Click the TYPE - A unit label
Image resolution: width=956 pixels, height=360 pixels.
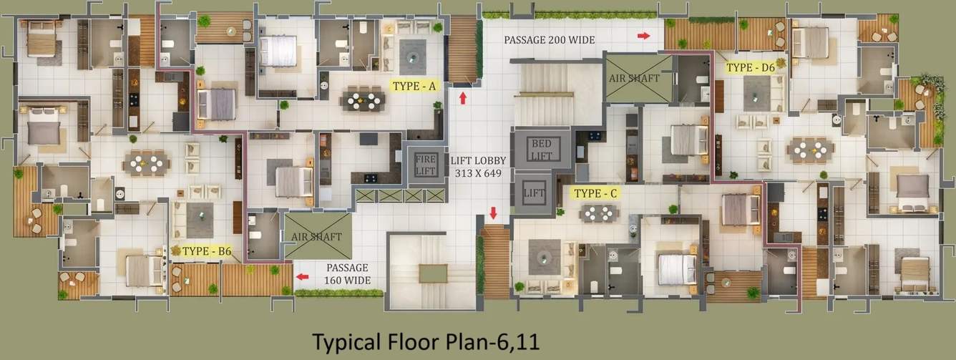pyautogui.click(x=414, y=86)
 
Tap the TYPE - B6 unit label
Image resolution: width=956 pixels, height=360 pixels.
pyautogui.click(x=207, y=251)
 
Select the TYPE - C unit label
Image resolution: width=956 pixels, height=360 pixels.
pyautogui.click(x=596, y=193)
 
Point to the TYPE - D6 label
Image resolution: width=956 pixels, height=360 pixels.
pyautogui.click(x=751, y=68)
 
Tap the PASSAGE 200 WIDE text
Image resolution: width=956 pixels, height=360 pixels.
pyautogui.click(x=549, y=40)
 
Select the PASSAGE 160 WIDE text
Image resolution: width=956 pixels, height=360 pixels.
pyautogui.click(x=348, y=275)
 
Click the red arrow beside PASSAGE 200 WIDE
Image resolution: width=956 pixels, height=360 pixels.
pyautogui.click(x=644, y=35)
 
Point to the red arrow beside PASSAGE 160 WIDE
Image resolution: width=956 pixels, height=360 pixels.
pyautogui.click(x=303, y=276)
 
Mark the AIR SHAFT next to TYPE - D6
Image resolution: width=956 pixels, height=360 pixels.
pyautogui.click(x=638, y=77)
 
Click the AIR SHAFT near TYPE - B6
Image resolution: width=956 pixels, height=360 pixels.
pyautogui.click(x=317, y=236)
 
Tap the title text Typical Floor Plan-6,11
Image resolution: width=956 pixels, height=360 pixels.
pyautogui.click(x=425, y=341)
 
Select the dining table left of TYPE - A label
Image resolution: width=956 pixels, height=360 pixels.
pyautogui.click(x=364, y=101)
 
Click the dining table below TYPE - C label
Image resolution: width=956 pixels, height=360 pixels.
pyautogui.click(x=598, y=213)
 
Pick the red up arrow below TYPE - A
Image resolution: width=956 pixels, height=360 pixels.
pyautogui.click(x=463, y=98)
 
